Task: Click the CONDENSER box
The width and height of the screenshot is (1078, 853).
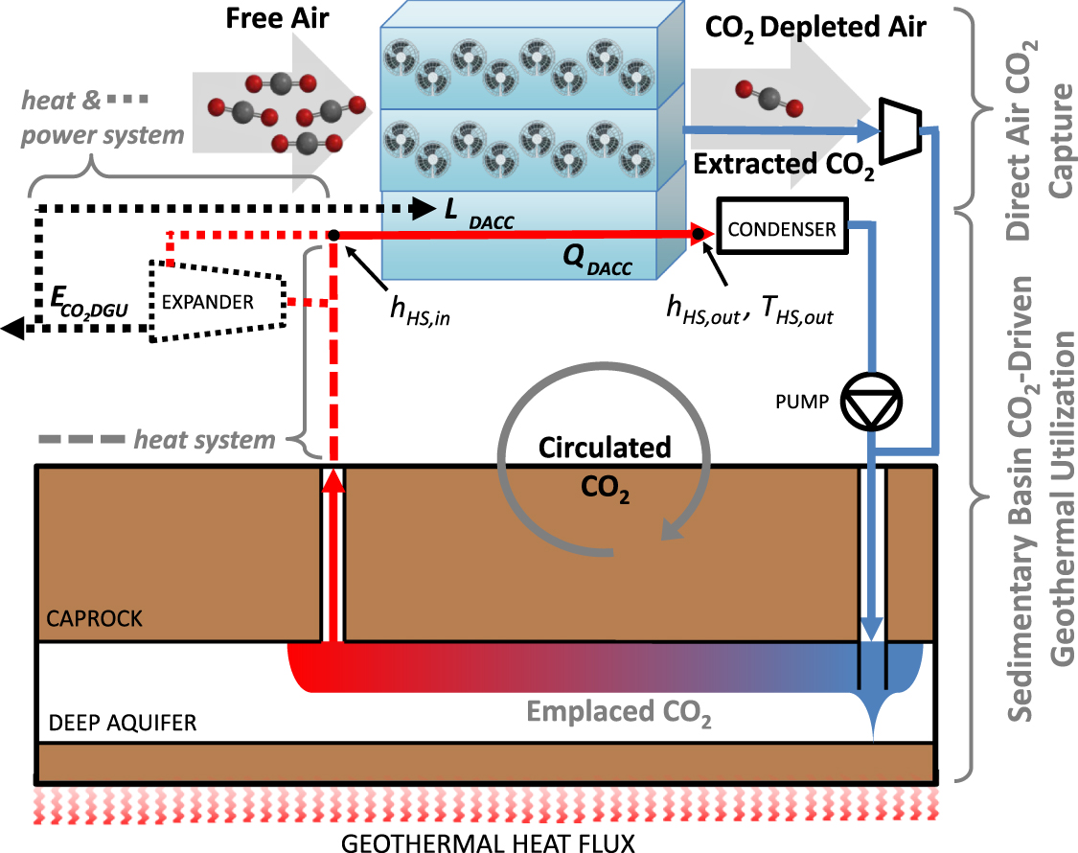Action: (783, 230)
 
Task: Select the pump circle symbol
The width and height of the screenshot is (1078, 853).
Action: (869, 402)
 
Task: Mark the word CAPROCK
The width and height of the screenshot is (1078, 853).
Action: (94, 619)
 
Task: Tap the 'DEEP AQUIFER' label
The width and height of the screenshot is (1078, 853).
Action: (122, 723)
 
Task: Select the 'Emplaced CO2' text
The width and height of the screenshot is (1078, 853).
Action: (618, 714)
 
